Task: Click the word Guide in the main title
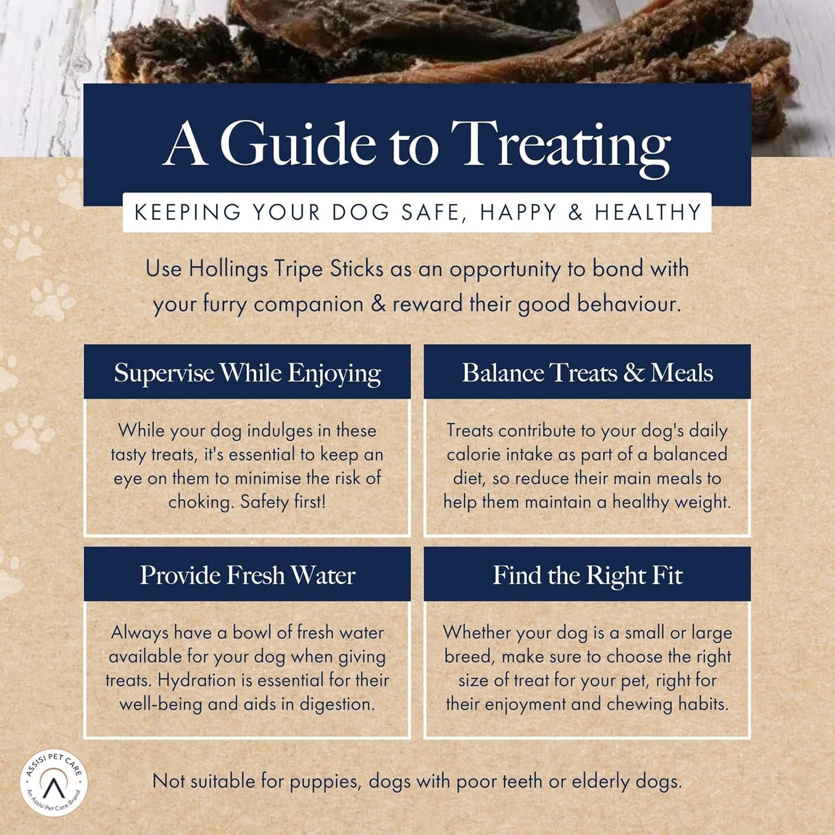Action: point(298,144)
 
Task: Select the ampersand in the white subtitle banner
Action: point(575,212)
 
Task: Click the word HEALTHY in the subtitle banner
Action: point(648,212)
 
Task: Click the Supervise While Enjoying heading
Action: point(247,373)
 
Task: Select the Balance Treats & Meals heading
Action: point(587,373)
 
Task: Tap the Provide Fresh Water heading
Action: point(247,575)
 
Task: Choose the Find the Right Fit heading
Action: point(587,575)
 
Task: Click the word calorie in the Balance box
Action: point(473,454)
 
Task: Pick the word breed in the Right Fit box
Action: point(467,656)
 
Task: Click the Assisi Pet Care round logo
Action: point(53,784)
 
